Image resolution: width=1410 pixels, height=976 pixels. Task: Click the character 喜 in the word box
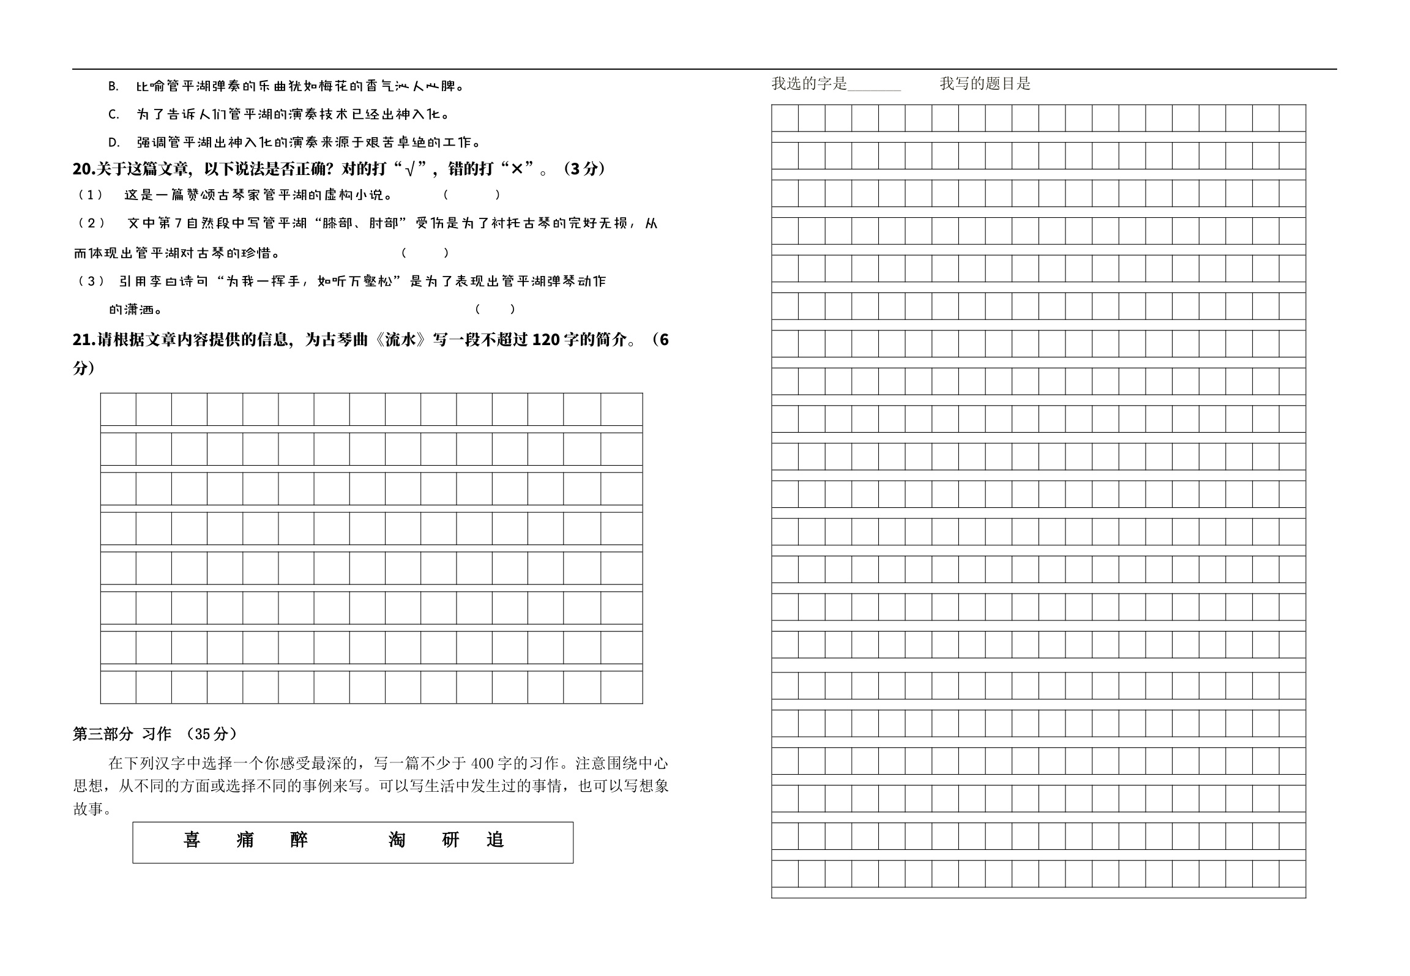(192, 840)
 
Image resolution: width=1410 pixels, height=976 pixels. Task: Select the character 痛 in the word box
(245, 840)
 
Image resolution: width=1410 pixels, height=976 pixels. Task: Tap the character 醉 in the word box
(299, 840)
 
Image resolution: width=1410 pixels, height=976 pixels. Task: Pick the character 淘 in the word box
(397, 840)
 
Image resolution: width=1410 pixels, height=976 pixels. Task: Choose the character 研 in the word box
(450, 840)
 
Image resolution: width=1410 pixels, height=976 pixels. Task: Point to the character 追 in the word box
(495, 840)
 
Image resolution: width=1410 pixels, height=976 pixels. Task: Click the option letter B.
(113, 86)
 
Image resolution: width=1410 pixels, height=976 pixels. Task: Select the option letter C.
(113, 114)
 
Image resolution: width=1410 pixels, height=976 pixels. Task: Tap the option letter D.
(113, 143)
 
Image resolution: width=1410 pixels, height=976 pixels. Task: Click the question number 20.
(82, 169)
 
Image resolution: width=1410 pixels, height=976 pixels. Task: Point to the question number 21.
(82, 340)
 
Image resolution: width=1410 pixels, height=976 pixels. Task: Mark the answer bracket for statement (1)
(472, 195)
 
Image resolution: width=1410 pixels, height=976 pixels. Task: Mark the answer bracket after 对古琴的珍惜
(425, 253)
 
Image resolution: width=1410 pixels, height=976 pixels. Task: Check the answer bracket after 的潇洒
(495, 309)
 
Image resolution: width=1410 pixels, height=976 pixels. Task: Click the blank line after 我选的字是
(874, 84)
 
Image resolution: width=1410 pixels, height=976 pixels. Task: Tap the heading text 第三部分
(103, 734)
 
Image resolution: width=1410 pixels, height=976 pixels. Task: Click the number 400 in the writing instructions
(482, 763)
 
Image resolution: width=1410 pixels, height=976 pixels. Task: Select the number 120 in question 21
(546, 340)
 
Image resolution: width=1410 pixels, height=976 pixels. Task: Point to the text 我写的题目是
(985, 84)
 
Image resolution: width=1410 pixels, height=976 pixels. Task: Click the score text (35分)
(212, 734)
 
